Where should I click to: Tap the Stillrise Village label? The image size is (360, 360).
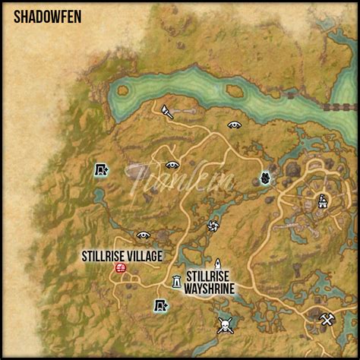pos(122,256)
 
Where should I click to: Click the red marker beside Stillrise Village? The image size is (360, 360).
pos(120,268)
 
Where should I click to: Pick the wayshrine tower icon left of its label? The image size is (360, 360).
pos(176,282)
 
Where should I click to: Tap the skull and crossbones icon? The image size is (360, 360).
pos(224,325)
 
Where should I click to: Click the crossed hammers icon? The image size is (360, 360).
pos(327,319)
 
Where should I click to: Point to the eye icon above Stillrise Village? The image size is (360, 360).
pos(143,235)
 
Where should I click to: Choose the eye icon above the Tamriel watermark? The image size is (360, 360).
pos(172,164)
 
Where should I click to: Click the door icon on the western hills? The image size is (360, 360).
pos(100,170)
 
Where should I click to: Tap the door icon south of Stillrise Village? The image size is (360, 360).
pos(159,306)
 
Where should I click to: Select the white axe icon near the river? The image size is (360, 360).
pos(167,111)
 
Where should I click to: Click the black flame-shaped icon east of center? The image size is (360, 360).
pos(265,178)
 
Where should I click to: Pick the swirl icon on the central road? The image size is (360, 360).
pos(213,225)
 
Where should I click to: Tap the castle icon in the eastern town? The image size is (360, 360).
pos(322,201)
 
